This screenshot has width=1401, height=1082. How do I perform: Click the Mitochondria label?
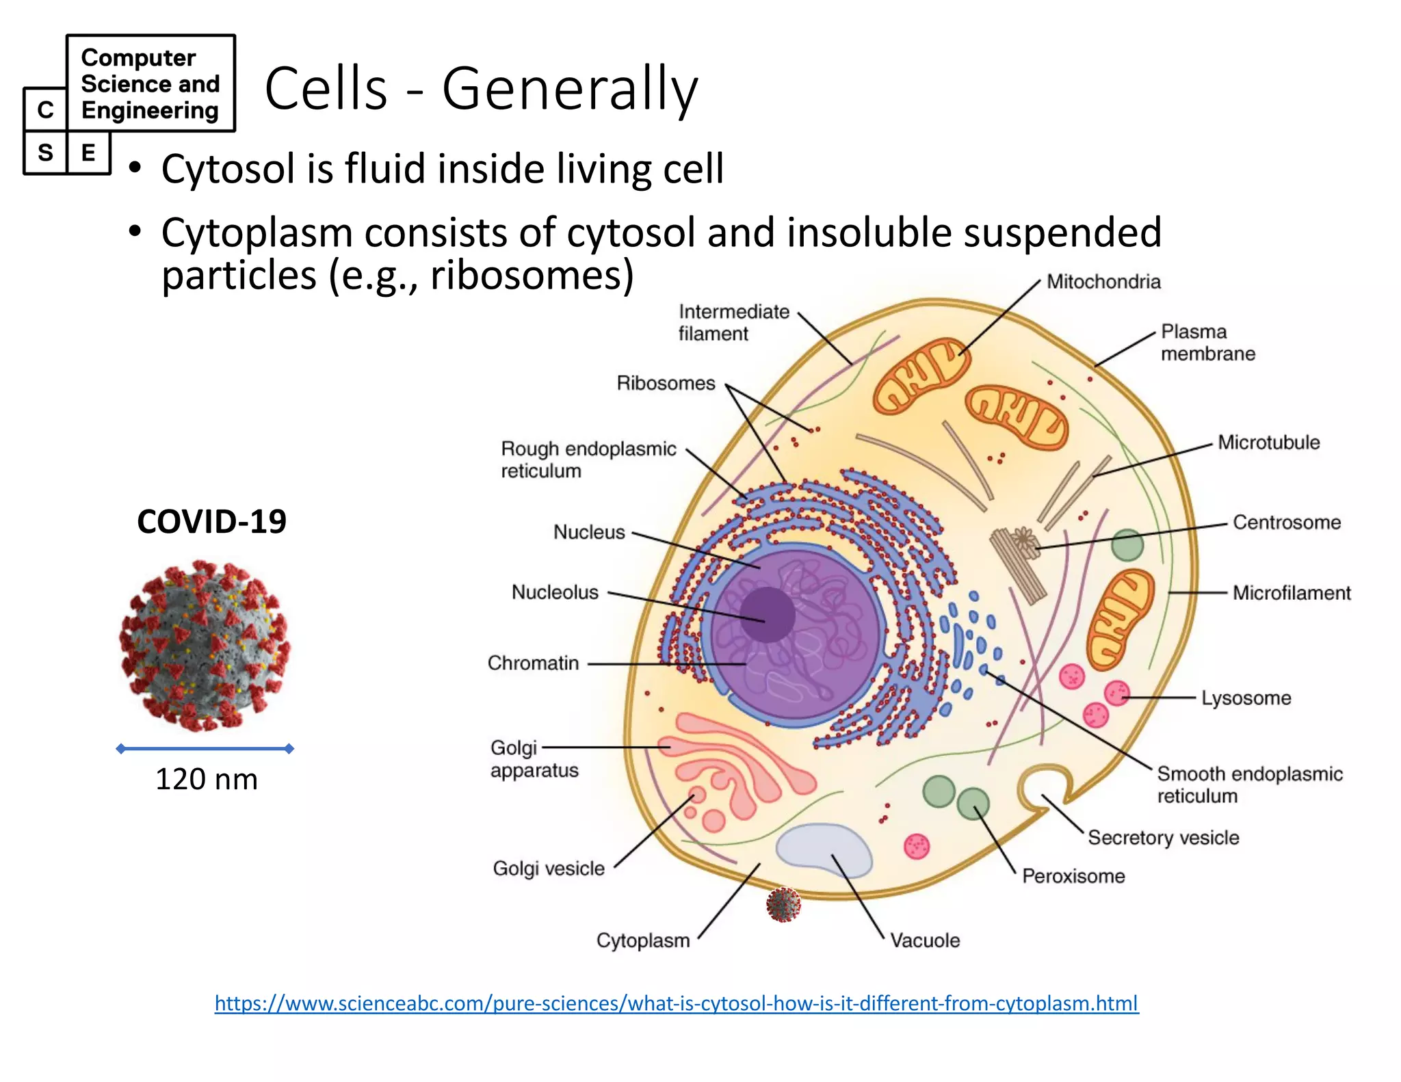pos(1103,282)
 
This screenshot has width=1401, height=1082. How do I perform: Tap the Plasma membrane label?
pos(1207,343)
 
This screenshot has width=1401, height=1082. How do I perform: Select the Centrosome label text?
pos(1286,523)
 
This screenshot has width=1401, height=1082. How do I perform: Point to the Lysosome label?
pos(1246,698)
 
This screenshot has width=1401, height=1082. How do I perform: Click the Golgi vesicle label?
pos(549,869)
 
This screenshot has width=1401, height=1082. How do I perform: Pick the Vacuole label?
pos(925,940)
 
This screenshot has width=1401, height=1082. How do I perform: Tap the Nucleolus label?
pos(555,592)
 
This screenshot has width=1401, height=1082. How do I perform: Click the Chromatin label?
pos(533,663)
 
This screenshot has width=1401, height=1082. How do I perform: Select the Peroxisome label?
pos(1073,876)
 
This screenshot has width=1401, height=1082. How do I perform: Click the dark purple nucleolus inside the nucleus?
pos(767,615)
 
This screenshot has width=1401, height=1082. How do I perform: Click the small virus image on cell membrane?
pos(783,905)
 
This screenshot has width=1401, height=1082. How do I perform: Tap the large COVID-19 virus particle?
pos(205,646)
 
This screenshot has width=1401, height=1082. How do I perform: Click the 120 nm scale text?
pos(207,780)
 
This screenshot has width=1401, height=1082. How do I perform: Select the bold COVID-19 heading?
pos(211,522)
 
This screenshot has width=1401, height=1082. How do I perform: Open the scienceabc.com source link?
pos(676,1003)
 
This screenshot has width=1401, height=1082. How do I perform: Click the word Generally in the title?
pos(570,89)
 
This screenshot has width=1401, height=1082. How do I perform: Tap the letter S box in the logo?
pos(45,153)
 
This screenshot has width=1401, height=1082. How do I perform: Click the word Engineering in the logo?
pos(150,110)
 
